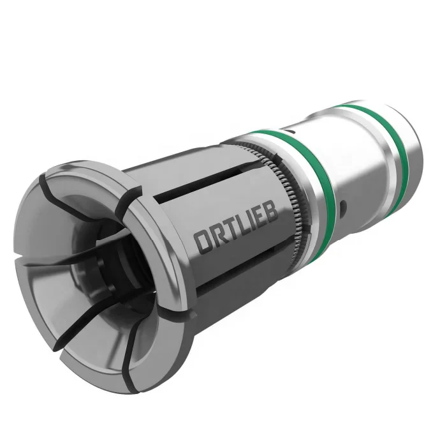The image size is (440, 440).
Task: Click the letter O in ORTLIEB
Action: click(x=203, y=243)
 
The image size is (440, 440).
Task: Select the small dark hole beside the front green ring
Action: click(x=343, y=206)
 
